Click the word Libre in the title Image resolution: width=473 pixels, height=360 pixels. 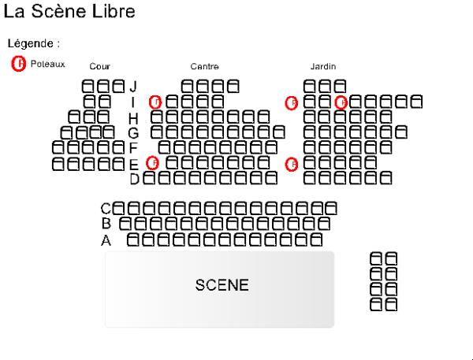(115, 12)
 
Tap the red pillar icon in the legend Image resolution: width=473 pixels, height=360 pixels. (19, 64)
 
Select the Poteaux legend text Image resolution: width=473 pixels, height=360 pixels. (47, 64)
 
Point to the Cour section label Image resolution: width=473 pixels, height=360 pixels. (99, 67)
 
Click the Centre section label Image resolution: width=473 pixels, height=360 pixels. (204, 67)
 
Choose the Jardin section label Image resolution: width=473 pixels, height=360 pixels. (323, 67)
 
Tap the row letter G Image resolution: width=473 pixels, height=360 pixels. (133, 132)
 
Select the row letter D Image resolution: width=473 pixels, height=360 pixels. (134, 179)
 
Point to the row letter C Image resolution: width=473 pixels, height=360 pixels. (106, 209)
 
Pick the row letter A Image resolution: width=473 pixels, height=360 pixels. (106, 240)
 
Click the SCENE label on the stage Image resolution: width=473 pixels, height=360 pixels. (222, 285)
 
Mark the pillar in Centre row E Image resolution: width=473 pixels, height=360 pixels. (153, 162)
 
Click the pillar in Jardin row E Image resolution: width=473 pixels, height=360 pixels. (291, 164)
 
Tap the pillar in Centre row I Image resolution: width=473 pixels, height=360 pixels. (155, 102)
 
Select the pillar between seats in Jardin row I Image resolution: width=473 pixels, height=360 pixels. (341, 102)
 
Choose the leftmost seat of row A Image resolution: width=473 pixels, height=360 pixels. (133, 239)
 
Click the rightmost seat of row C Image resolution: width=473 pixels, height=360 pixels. (331, 208)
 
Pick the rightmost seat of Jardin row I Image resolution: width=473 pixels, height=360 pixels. (415, 101)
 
